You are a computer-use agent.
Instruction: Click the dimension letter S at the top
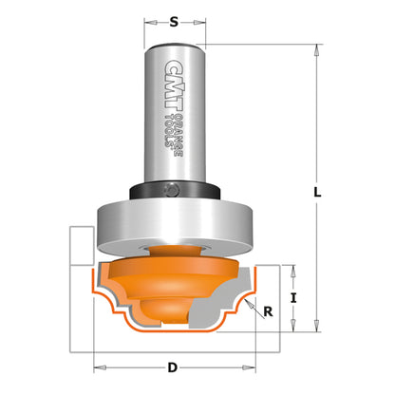point(172,20)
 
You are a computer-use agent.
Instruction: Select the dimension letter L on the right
point(324,192)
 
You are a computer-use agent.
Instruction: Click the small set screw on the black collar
point(173,189)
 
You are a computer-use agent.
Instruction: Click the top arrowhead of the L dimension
point(313,47)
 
